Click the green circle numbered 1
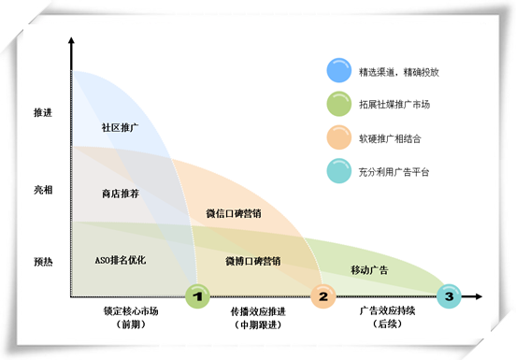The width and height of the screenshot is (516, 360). pos(197,297)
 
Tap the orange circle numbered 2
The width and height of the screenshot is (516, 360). pos(323,297)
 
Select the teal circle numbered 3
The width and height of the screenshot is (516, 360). pos(450,297)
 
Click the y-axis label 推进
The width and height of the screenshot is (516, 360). pos(42,113)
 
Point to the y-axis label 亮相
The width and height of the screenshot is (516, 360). pos(42,189)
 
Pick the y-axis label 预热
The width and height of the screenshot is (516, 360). pos(42,262)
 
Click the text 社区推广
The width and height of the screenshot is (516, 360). pos(120,127)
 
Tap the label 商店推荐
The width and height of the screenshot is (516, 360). pos(120,194)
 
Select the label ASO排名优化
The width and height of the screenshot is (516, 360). pos(121,259)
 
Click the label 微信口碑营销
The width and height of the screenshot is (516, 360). pos(233,213)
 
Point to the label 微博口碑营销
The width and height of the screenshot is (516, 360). pos(252,260)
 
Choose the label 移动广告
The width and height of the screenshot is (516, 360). pos(369,270)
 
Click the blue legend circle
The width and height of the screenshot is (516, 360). pos(337,70)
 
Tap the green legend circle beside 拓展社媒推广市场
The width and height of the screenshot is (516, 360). pos(337,104)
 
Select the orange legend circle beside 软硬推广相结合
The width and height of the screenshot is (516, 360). pos(337,137)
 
